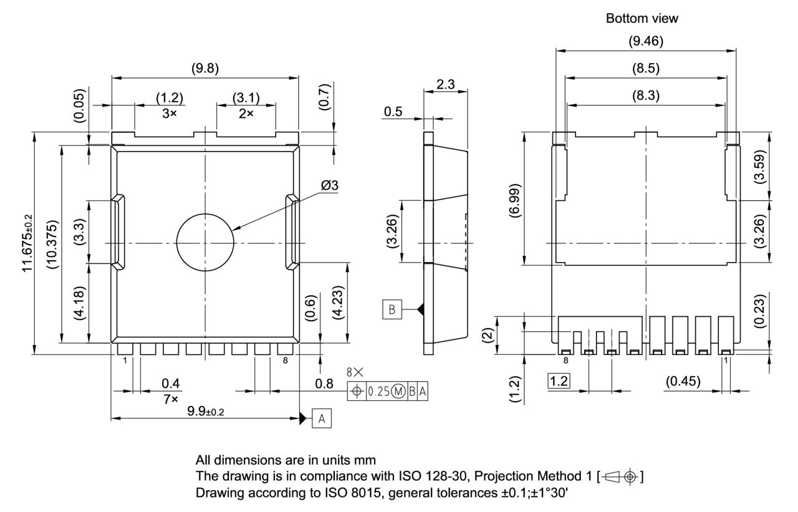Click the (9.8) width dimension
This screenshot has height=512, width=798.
pos(204,69)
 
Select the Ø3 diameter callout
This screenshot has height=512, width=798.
pos(330,186)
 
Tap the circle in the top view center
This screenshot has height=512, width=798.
pos(204,242)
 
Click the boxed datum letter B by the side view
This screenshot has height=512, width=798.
pos(392,308)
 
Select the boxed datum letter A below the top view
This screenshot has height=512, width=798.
pos(322,418)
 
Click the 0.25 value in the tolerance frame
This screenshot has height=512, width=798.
pos(377,392)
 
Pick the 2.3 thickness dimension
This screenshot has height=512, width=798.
pos(445,84)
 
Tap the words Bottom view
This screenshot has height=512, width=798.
pos(642,19)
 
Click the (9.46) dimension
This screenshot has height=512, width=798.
pos(645,42)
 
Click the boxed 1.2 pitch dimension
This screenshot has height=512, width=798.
pos(558,380)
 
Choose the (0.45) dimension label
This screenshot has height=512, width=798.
pos(683,380)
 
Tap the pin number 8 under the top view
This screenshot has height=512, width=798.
pos(285,360)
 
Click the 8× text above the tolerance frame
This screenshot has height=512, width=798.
pos(355,372)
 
